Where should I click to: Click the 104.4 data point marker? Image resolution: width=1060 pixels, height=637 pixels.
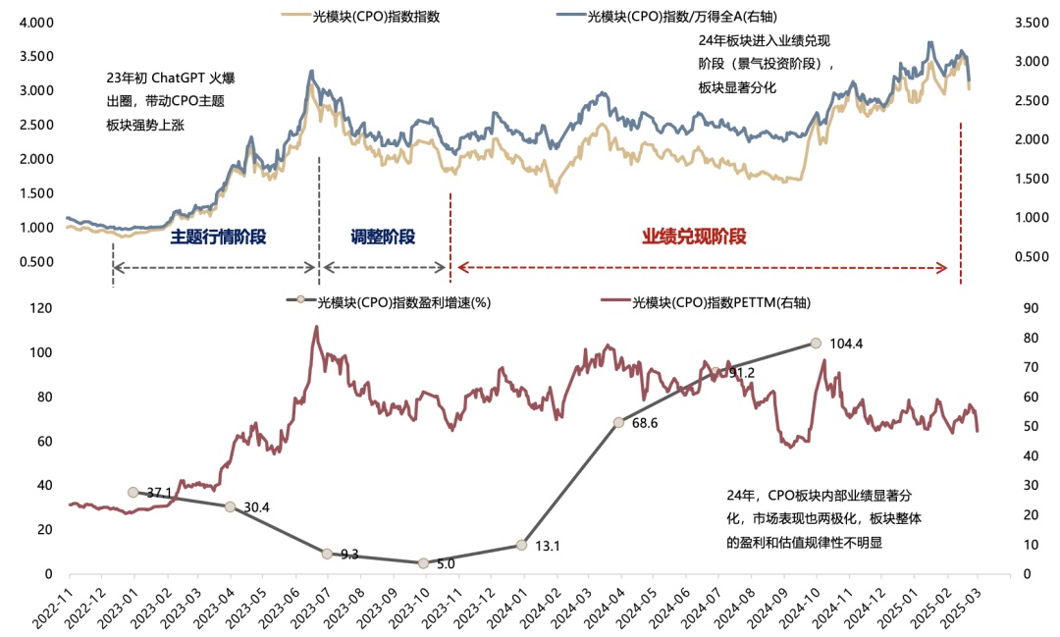[x=816, y=343]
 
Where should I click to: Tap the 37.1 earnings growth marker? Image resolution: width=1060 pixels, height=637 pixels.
[x=133, y=492]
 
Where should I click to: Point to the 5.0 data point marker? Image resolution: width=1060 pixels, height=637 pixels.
[x=424, y=562]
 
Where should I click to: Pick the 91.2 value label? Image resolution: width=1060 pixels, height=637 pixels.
[x=741, y=373]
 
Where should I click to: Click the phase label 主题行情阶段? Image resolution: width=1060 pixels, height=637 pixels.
[x=218, y=237]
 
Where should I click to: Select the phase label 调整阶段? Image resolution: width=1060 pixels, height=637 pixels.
[x=383, y=237]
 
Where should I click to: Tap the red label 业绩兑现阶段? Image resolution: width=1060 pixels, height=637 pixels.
[x=695, y=237]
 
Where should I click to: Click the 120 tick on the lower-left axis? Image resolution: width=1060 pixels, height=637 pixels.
[x=39, y=308]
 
